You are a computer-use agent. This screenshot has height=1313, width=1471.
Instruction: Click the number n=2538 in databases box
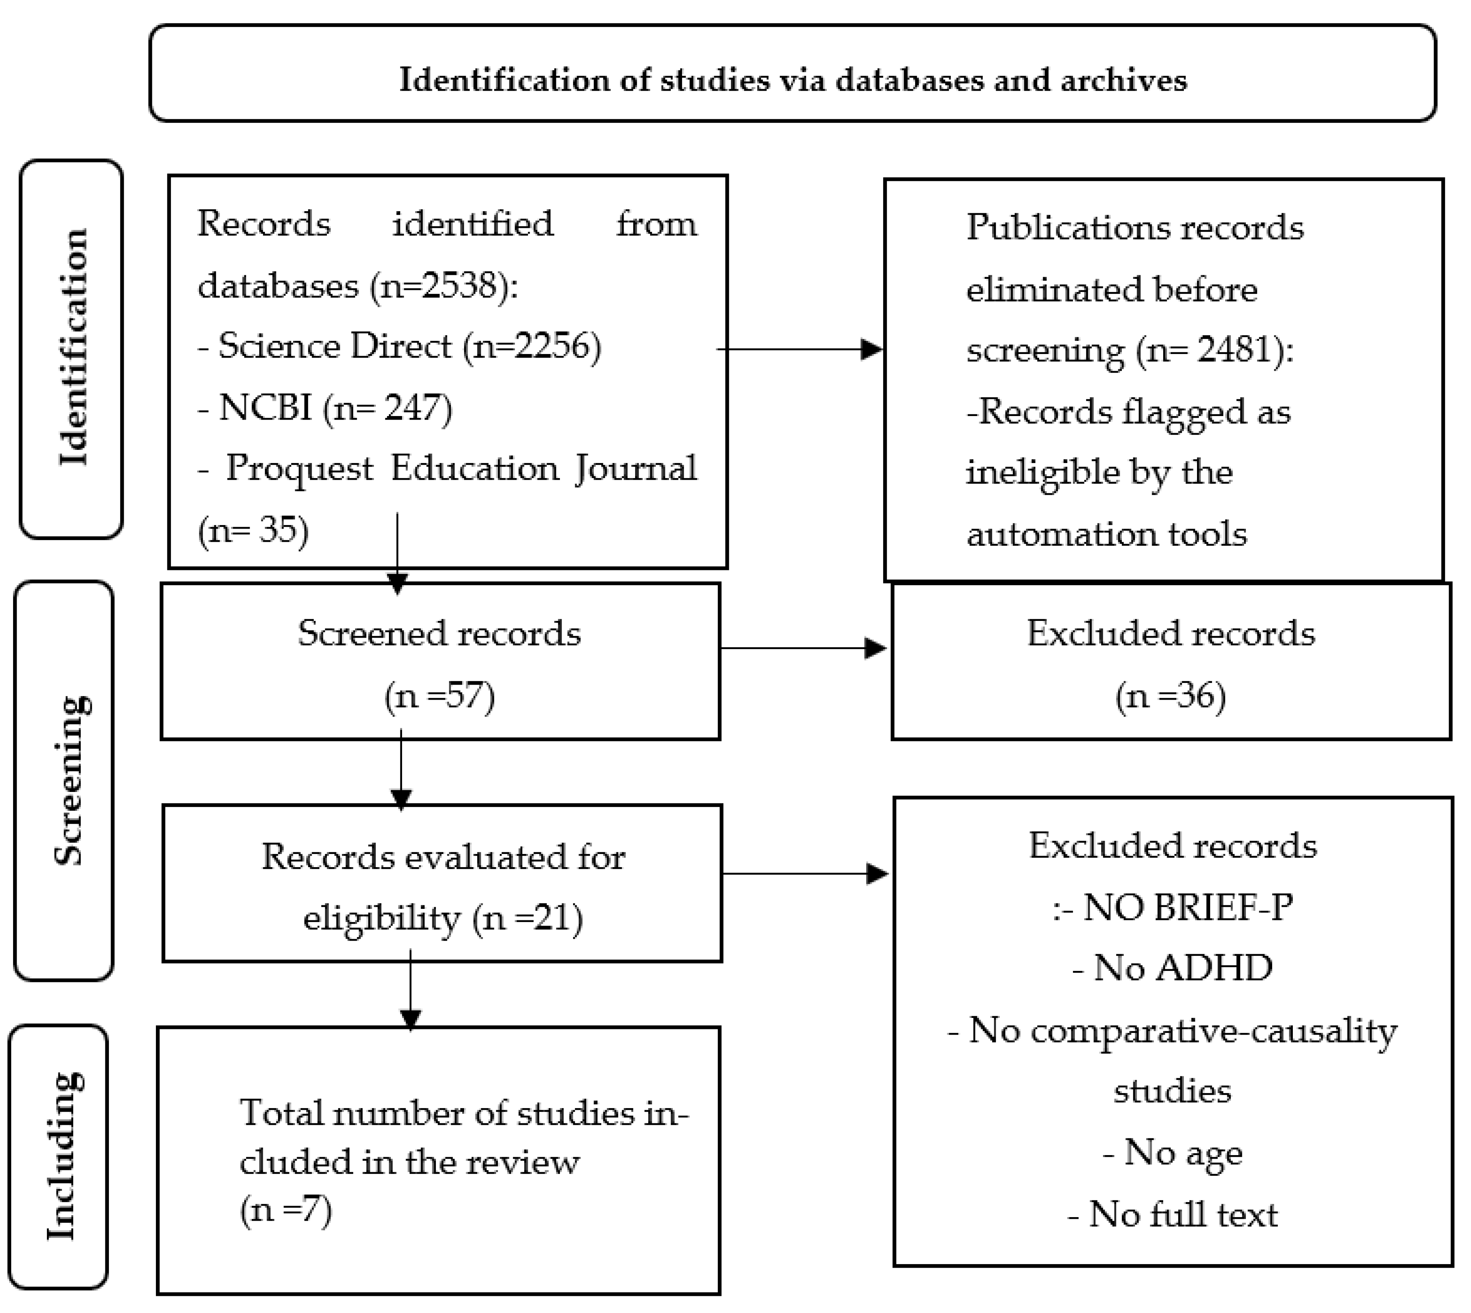[x=441, y=286]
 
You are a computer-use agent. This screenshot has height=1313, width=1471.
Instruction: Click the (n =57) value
[x=439, y=696]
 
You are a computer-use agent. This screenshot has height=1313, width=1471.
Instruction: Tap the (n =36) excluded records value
[x=1170, y=696]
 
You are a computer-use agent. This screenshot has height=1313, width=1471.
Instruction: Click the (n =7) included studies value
[x=286, y=1208]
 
